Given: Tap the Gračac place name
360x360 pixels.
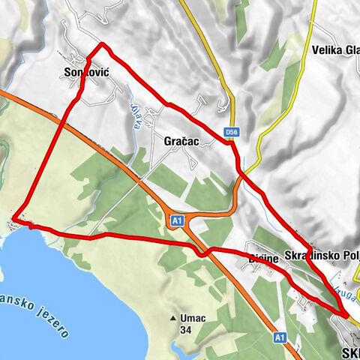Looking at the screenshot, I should pyautogui.click(x=180, y=140).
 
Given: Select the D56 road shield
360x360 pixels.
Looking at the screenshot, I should pyautogui.click(x=232, y=133).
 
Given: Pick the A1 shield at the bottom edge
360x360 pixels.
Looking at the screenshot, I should pyautogui.click(x=279, y=337).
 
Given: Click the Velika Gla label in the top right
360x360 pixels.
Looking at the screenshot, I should pyautogui.click(x=334, y=51).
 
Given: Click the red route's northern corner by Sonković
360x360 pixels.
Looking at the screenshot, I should pyautogui.click(x=102, y=46).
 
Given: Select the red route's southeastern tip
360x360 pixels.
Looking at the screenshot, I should pyautogui.click(x=346, y=316).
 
